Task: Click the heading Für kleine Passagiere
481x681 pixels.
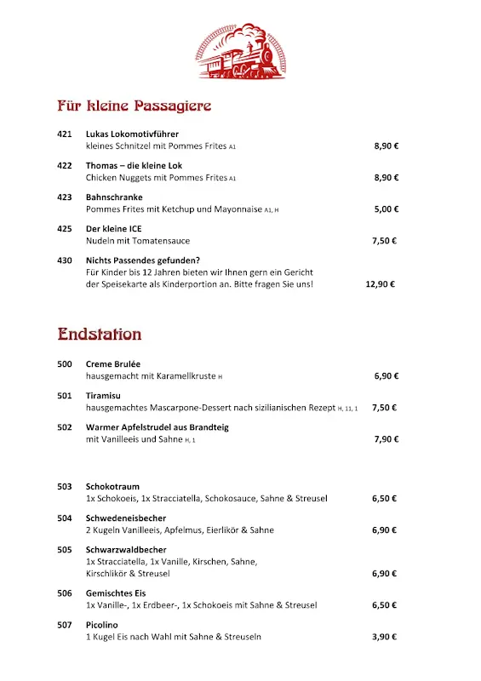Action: pos(134,106)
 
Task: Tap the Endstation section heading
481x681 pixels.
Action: pos(100,334)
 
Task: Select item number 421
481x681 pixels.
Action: pos(65,134)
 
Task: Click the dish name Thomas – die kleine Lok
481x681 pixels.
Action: pos(134,165)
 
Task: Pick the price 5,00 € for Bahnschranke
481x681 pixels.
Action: pos(387,209)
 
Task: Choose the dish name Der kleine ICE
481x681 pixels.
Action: pos(113,229)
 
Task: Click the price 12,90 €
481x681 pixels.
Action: pos(380,284)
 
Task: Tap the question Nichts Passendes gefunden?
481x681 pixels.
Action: pos(142,260)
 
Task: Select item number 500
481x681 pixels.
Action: pos(65,363)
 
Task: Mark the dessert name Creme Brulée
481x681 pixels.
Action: pos(113,363)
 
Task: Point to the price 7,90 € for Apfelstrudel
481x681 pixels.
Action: pos(387,439)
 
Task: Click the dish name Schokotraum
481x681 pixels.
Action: pos(112,486)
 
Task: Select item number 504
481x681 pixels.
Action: pos(65,518)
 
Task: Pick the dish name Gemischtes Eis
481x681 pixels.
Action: pos(115,593)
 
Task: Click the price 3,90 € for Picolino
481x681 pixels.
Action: pos(385,637)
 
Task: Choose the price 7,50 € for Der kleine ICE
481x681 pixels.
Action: pos(385,241)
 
